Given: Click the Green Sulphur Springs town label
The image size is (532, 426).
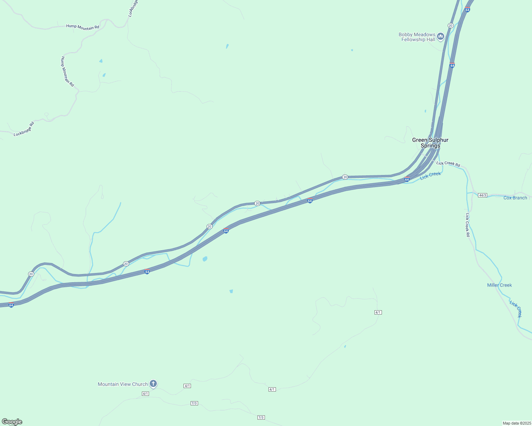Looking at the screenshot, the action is pos(430,143).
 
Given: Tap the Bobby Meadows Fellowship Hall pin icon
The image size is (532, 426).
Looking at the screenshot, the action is pos(441,36).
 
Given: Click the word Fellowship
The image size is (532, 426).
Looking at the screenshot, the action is pos(413,40).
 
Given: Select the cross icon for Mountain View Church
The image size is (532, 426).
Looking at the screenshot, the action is pos(153,383).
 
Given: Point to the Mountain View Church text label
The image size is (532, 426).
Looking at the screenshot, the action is pos(123,384).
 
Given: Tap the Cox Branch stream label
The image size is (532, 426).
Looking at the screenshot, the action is pos(515,198).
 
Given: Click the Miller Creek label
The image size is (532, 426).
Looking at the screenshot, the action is pos(499,285).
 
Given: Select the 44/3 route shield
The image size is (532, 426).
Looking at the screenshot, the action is pos(482,195).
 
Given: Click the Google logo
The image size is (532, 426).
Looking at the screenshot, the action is pos(12,422).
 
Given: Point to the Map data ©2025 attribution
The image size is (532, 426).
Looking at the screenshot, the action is pos(516,423).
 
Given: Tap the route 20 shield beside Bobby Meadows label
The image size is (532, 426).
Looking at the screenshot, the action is pos(451,26).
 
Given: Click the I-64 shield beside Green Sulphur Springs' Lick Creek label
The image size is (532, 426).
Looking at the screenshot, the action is pos(407,180).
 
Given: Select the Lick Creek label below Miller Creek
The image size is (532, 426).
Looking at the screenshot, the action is pos(516,309).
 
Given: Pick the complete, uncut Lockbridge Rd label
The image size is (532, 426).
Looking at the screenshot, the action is pos(24,129).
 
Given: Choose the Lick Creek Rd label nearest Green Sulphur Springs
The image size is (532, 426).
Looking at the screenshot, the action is pos(448,164).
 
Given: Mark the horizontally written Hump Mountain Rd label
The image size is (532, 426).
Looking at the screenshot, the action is pos(83,27).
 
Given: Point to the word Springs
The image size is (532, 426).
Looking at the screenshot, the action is pos(430,146).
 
